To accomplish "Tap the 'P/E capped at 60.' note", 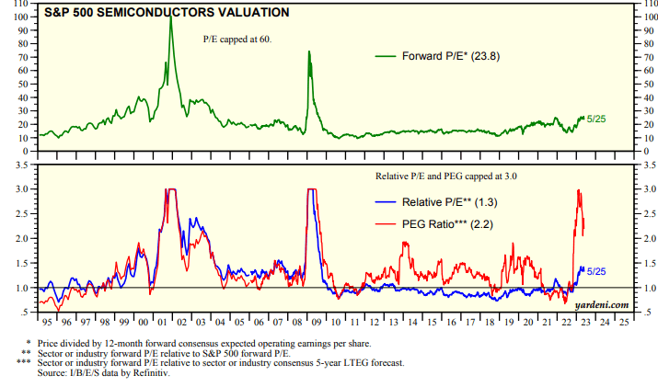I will coord(237,40).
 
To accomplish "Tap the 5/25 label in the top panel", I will coord(596,119).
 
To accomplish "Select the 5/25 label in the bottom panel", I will coord(596,271).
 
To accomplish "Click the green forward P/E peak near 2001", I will coord(170,18).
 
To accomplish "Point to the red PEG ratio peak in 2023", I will coord(578,190).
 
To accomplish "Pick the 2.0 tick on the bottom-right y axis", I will coord(647,238).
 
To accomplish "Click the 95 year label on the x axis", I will coord(44,323).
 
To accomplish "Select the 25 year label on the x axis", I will coord(624,323).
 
